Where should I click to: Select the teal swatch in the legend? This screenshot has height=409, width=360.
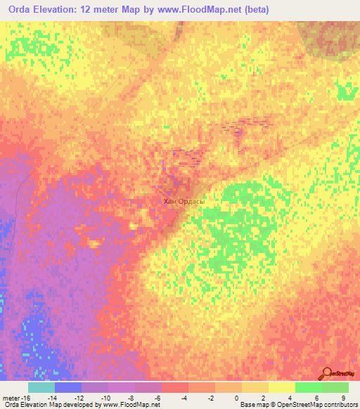pyautogui.click(x=41, y=387)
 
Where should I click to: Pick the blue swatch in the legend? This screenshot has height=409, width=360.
pyautogui.click(x=68, y=387)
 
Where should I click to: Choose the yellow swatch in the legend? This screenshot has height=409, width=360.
pyautogui.click(x=282, y=387)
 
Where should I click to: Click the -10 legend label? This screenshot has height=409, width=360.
pyautogui.click(x=105, y=398)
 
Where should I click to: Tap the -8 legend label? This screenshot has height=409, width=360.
pyautogui.click(x=131, y=398)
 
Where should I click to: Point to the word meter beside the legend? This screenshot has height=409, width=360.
pyautogui.click(x=11, y=398)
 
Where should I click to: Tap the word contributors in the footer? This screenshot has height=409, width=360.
pyautogui.click(x=340, y=405)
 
